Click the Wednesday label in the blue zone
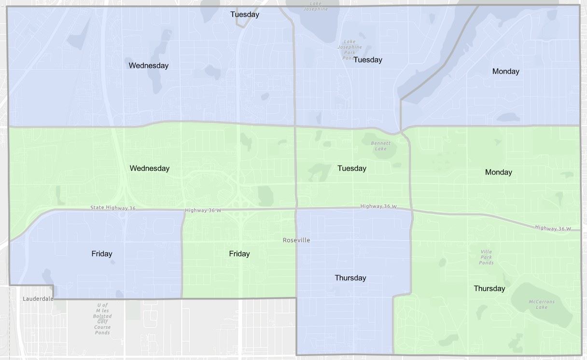pyautogui.click(x=148, y=66)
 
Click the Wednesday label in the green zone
pyautogui.click(x=150, y=168)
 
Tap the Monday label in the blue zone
pyautogui.click(x=505, y=71)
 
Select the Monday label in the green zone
pyautogui.click(x=498, y=172)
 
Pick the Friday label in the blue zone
pyautogui.click(x=101, y=254)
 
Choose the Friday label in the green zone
pyautogui.click(x=239, y=254)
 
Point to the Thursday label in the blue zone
pyautogui.click(x=350, y=278)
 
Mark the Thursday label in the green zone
pyautogui.click(x=489, y=289)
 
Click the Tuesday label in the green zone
pyautogui.click(x=351, y=168)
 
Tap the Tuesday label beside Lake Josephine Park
pyautogui.click(x=367, y=60)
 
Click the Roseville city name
pyautogui.click(x=296, y=240)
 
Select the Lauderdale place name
pyautogui.click(x=38, y=299)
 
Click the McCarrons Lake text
pyautogui.click(x=541, y=305)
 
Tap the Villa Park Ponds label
pyautogui.click(x=486, y=257)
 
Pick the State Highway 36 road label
pyautogui.click(x=113, y=208)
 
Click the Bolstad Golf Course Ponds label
pyautogui.click(x=102, y=318)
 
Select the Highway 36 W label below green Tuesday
pyautogui.click(x=378, y=207)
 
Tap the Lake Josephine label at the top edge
pyautogui.click(x=316, y=6)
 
